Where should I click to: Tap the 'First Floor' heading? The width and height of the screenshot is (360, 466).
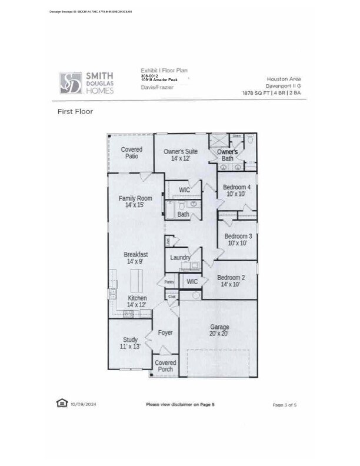(x=75, y=111)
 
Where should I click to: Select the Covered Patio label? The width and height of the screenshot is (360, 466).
(x=131, y=153)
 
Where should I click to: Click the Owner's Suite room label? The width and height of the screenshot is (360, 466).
(x=181, y=155)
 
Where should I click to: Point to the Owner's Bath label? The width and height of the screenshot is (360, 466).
(x=227, y=155)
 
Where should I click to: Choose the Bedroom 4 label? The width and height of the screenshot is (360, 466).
(x=237, y=190)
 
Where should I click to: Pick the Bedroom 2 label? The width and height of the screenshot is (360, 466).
(x=231, y=281)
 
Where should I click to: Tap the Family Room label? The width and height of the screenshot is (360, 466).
(x=135, y=201)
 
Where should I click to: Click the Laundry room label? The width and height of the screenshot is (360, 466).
(x=180, y=258)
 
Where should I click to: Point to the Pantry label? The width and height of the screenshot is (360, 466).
(x=169, y=282)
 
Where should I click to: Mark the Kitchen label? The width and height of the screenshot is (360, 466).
(x=137, y=301)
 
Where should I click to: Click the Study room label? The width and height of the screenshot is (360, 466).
(x=131, y=343)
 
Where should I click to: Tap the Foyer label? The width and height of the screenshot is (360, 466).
(x=165, y=333)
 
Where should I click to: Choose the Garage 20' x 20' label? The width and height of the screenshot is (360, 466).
(x=219, y=330)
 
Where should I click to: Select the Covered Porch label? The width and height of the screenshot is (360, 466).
(x=165, y=366)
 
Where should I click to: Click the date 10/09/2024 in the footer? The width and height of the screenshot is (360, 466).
(x=82, y=404)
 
